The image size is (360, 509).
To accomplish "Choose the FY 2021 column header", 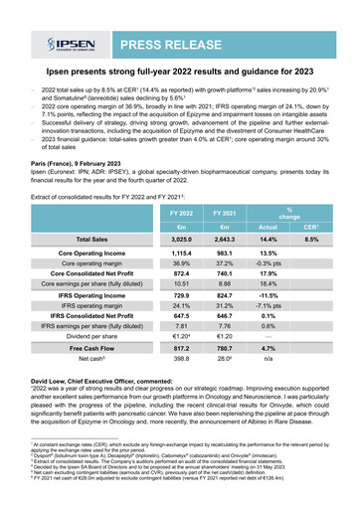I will [x=230, y=214].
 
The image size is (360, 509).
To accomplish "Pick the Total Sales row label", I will [x=91, y=240].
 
